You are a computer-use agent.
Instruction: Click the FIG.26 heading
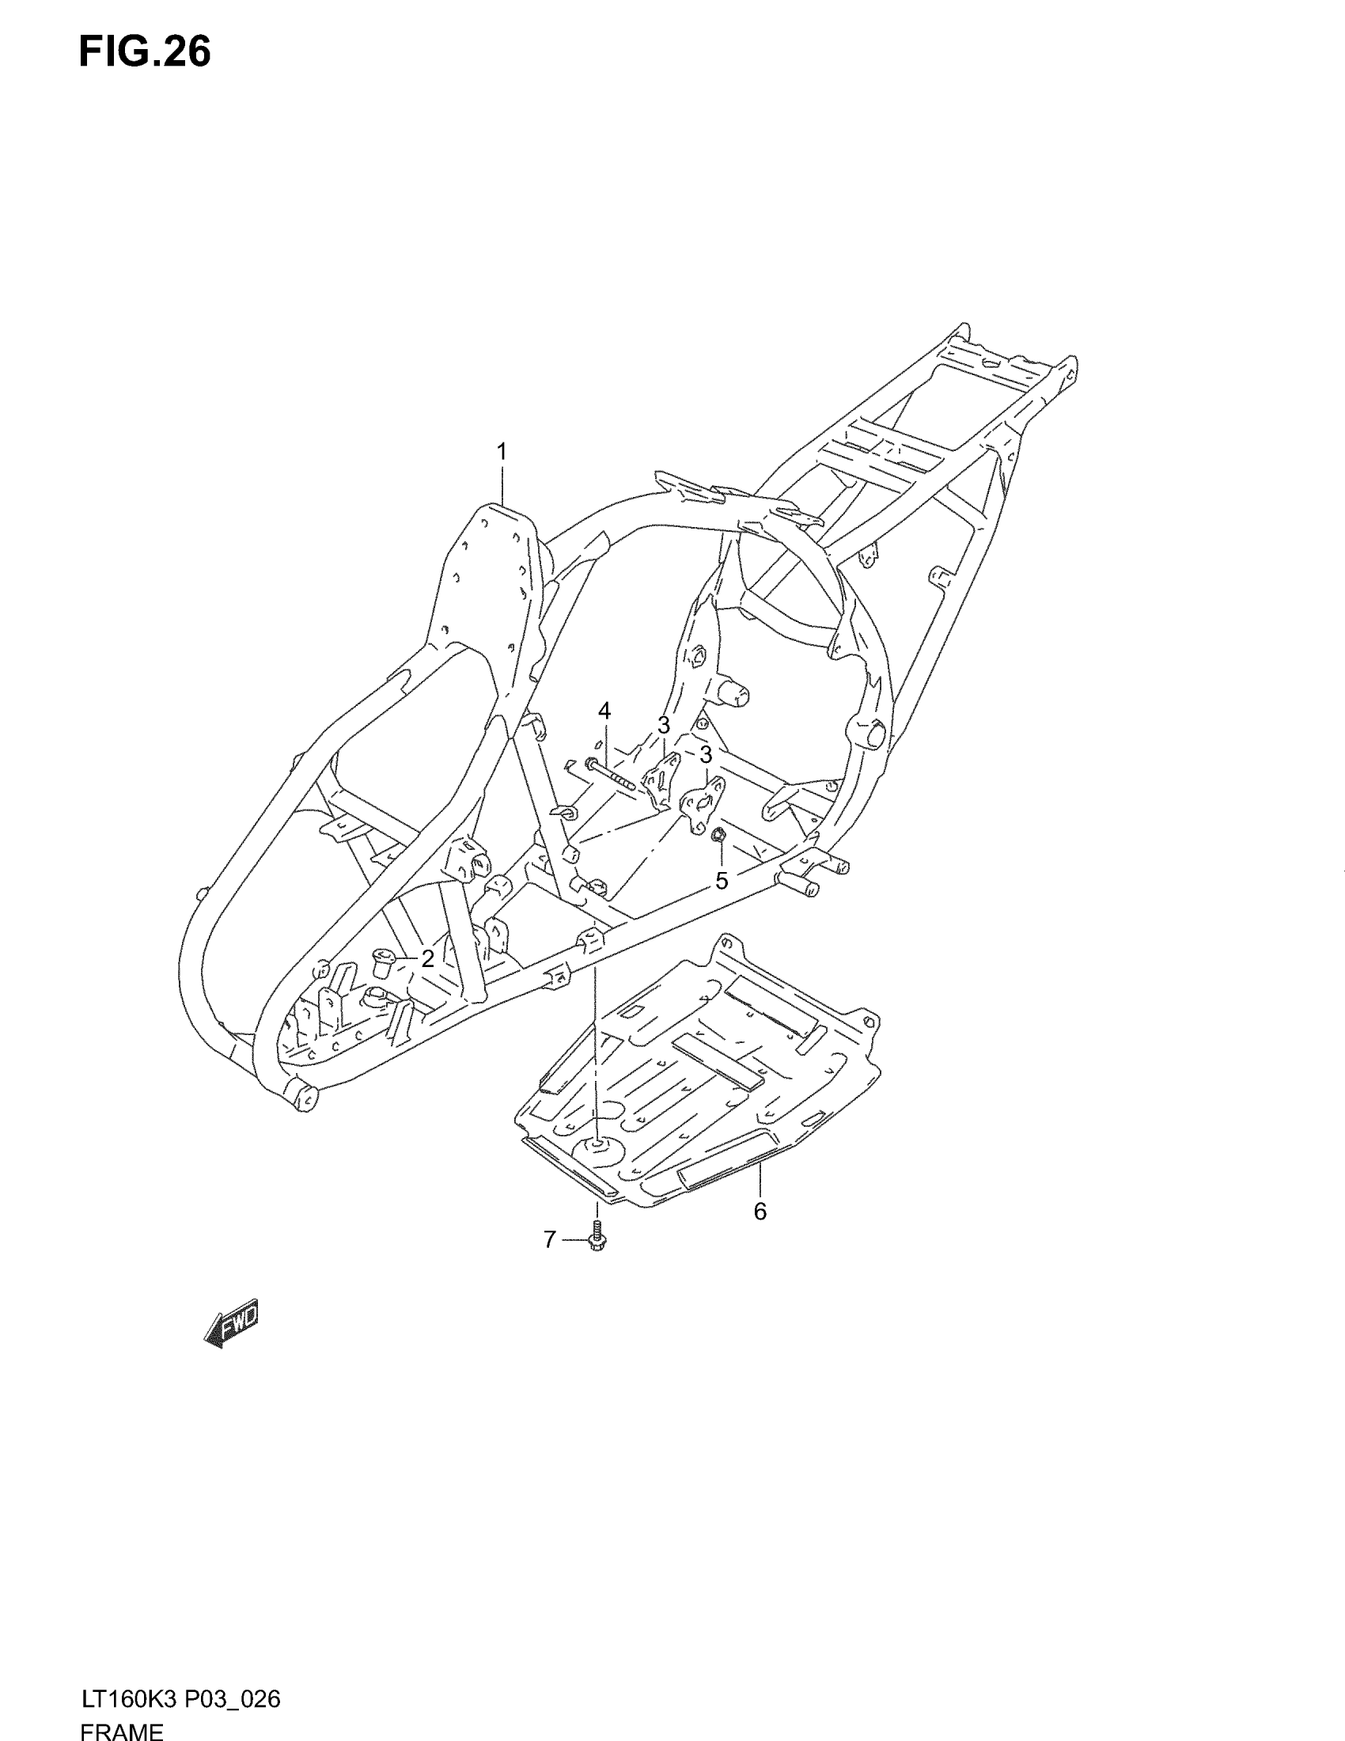(x=144, y=52)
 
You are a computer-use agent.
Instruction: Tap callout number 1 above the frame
(x=501, y=452)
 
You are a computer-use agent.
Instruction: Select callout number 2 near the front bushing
(x=427, y=959)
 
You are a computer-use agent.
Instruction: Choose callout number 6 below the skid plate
(x=760, y=1211)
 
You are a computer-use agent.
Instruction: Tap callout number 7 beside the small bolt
(x=550, y=1239)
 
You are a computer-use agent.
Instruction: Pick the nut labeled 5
(x=717, y=835)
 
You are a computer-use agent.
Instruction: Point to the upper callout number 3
(x=663, y=725)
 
